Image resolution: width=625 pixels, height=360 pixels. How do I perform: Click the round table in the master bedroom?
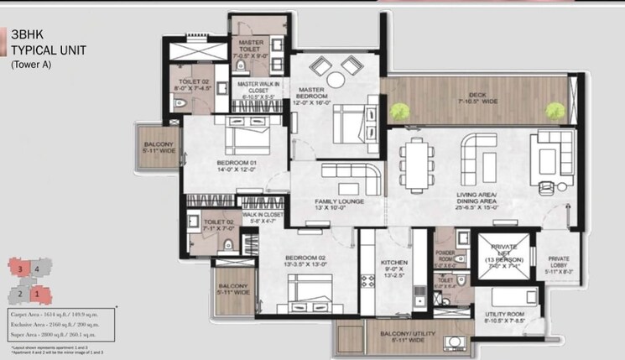point(336,81)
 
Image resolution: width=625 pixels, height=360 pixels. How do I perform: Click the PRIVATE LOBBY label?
point(559,263)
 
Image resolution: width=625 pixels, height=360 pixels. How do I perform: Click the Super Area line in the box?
point(52,334)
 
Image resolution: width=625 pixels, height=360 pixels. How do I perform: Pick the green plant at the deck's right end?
point(554,109)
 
